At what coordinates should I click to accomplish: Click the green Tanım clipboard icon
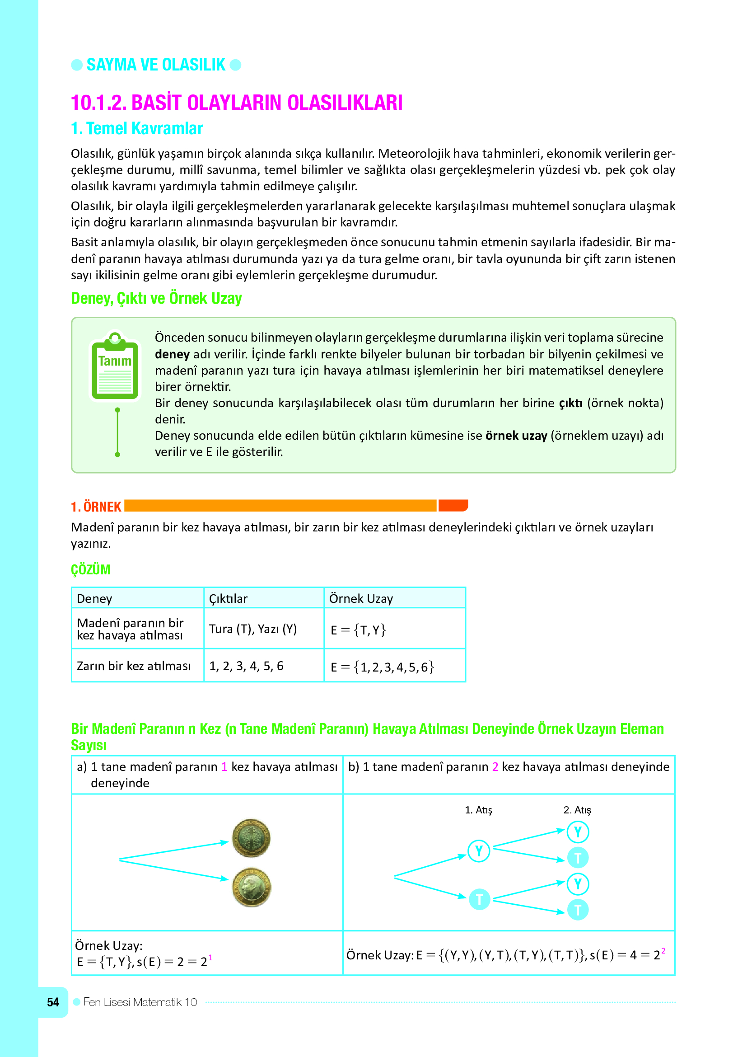point(115,366)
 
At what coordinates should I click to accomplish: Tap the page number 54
point(53,1002)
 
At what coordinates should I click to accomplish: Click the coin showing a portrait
point(252,887)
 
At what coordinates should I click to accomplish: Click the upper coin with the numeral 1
point(251,838)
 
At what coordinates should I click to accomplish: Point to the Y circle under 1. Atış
point(478,851)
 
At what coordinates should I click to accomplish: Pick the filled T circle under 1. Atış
point(479,899)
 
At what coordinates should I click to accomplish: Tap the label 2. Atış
point(577,810)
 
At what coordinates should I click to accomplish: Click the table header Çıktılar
point(228,598)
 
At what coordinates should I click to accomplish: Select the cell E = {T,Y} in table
point(358,630)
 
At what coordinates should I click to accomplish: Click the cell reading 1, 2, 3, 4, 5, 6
point(246,666)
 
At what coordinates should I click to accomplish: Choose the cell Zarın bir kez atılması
point(133,666)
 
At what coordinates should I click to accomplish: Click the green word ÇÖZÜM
point(91,569)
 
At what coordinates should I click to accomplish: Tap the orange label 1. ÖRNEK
point(96,507)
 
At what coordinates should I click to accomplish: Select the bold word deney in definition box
point(172,354)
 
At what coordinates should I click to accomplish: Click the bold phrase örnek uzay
point(516,436)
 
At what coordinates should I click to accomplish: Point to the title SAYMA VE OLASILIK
point(156,65)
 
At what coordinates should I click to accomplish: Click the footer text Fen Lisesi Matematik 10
point(140,1002)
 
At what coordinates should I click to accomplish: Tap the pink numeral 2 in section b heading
point(495,766)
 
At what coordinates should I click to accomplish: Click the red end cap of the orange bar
point(453,506)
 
